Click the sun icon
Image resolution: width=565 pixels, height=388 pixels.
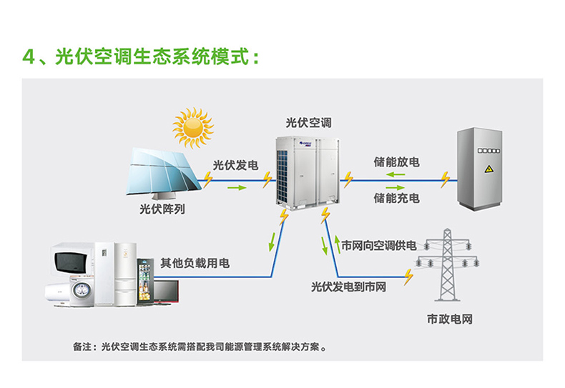193,127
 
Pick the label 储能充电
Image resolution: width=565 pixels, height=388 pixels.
396,197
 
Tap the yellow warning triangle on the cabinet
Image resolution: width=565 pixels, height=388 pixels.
489,169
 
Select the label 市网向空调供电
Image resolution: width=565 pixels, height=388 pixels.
378,246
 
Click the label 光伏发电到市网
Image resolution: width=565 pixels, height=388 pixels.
348,287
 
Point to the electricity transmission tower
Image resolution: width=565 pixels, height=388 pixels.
450,264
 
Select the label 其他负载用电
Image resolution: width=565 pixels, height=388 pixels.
195,264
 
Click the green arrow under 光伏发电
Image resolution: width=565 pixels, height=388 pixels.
235,189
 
